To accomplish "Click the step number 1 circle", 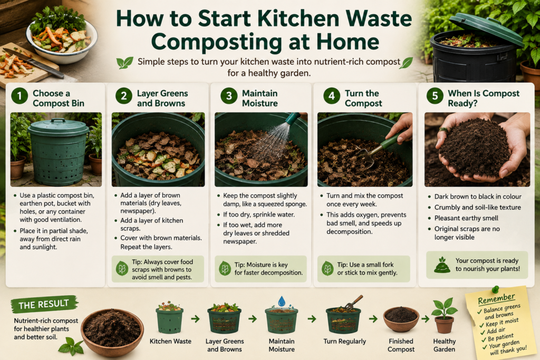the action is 20,96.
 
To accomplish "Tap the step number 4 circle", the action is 332,96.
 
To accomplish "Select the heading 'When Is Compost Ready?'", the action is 484,99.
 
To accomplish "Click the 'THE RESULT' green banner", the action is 44,304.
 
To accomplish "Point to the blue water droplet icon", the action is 282,301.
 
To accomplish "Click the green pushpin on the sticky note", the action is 496,289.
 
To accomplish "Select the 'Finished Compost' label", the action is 401,345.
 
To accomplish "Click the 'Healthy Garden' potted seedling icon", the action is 444,315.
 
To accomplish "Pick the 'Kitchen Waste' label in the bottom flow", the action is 170,342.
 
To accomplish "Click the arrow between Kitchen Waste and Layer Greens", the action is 195,319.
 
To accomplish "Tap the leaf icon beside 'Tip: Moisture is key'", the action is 225,268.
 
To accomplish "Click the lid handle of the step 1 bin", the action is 58,121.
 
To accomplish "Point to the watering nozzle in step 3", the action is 293,119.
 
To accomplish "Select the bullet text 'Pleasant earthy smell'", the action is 466,218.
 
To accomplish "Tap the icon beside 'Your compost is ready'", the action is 442,265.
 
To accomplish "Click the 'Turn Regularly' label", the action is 345,342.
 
